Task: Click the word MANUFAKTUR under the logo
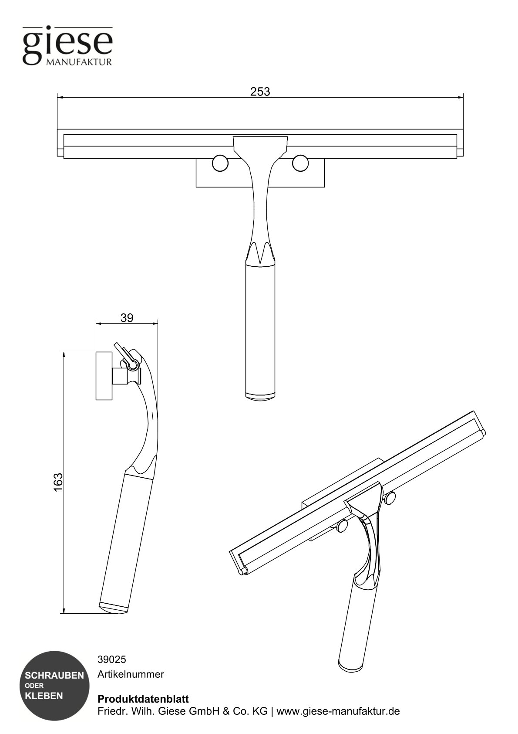click(79, 62)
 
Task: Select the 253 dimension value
click(260, 92)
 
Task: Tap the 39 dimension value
click(127, 318)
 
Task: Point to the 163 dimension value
click(59, 482)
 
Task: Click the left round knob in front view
click(220, 163)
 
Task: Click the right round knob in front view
click(300, 163)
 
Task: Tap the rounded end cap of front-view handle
click(260, 397)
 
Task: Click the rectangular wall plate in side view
click(104, 375)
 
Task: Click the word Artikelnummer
click(131, 674)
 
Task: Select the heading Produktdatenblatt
click(143, 699)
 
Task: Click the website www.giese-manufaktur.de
click(338, 711)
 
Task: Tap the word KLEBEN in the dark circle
click(44, 696)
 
